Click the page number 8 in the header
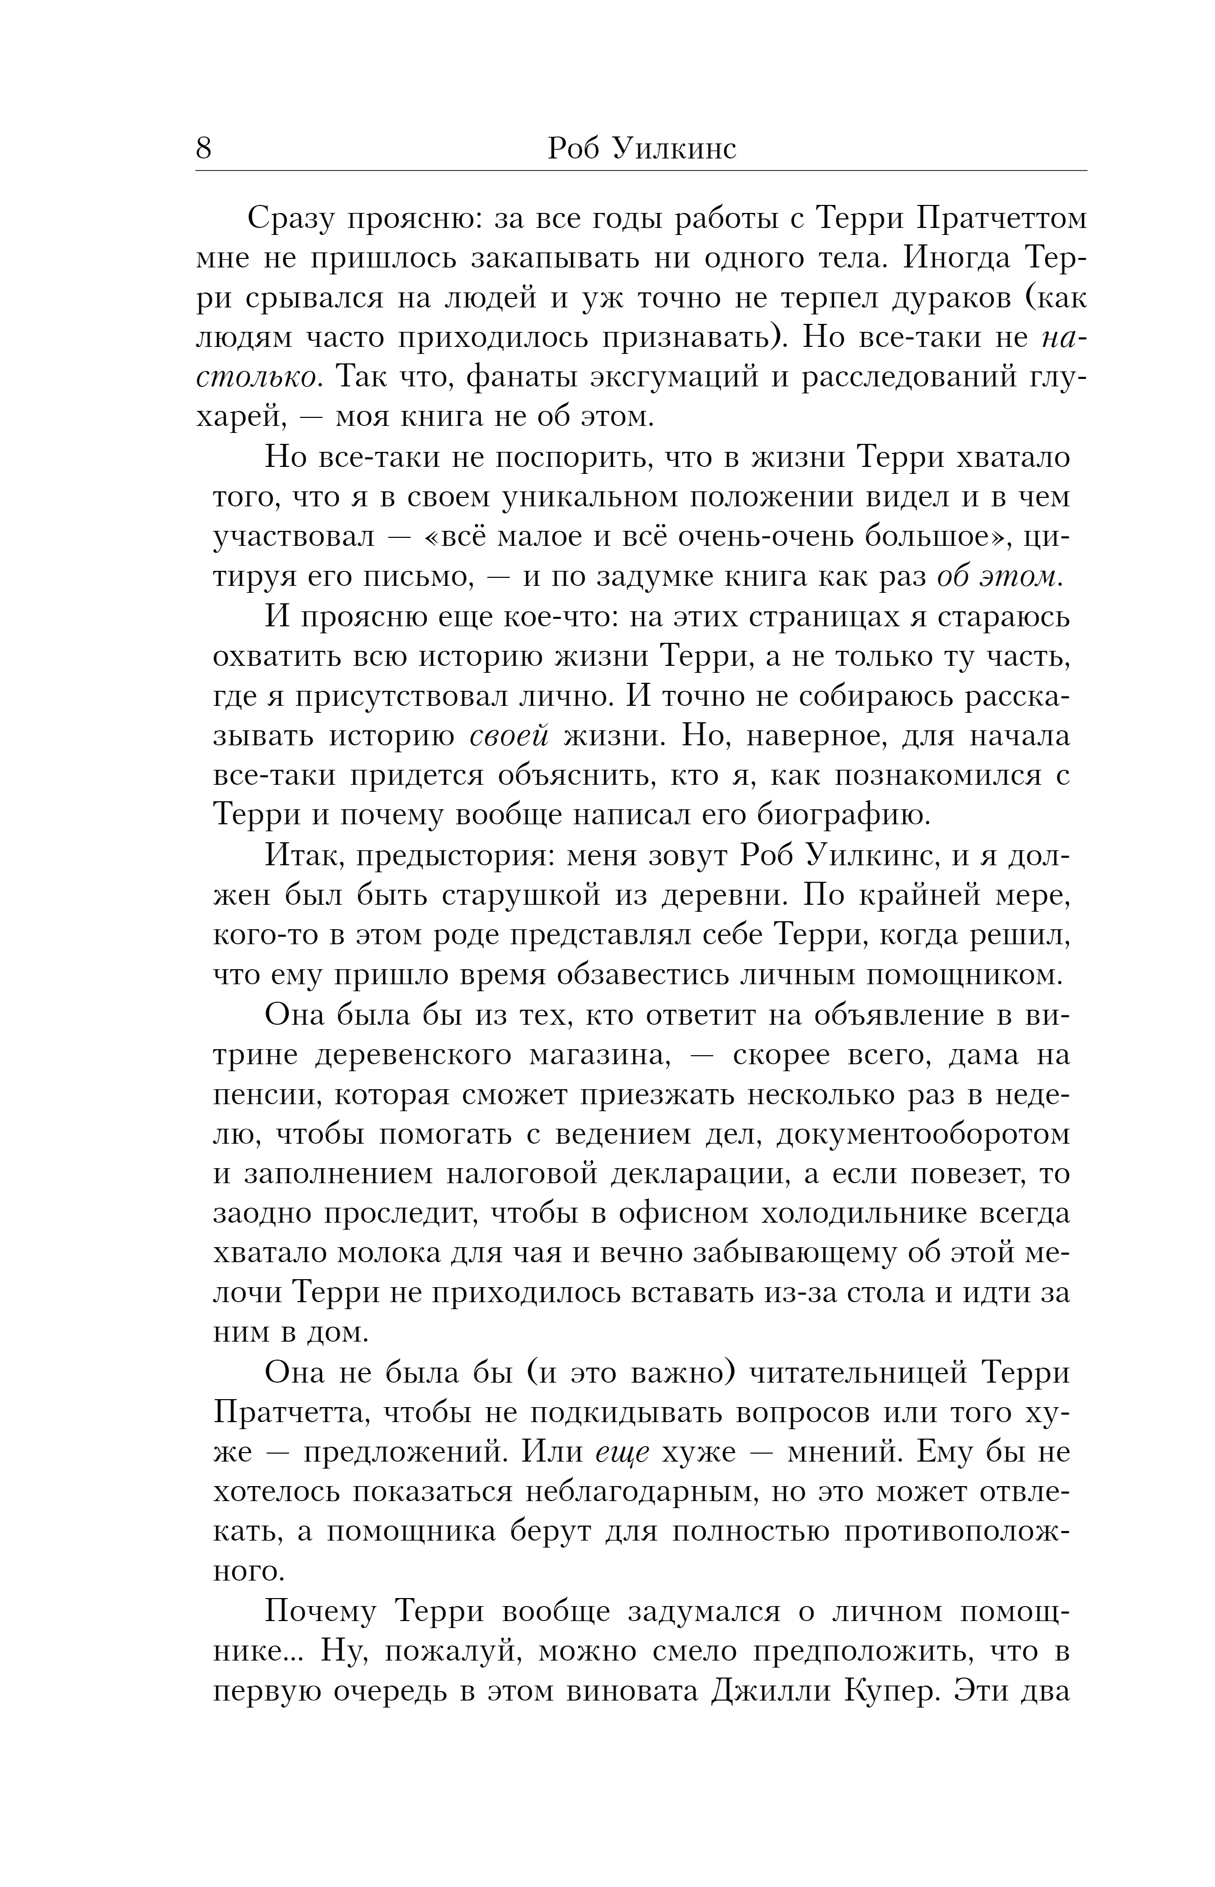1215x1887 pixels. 203,148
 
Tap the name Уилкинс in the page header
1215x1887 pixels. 674,149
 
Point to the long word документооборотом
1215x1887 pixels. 923,1134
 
